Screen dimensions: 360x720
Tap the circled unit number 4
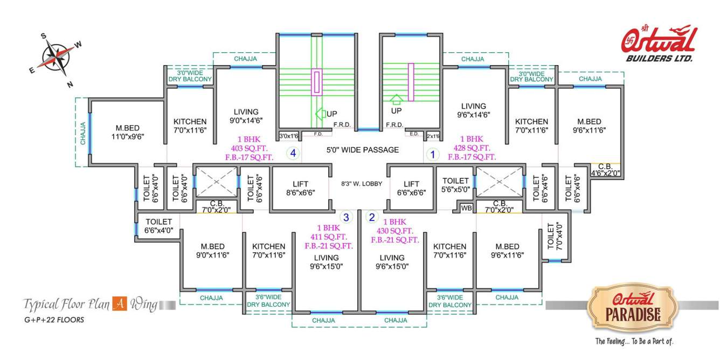click(293, 154)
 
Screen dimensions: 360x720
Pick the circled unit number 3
click(347, 217)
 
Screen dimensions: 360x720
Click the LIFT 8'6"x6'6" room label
click(300, 188)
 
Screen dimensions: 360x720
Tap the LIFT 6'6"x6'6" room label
click(411, 188)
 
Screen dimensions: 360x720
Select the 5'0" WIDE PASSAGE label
click(363, 150)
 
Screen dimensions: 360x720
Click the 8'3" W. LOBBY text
click(362, 184)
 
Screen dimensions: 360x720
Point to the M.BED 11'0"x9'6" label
click(127, 132)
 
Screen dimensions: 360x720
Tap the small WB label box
click(466, 207)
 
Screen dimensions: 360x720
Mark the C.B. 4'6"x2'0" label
click(605, 170)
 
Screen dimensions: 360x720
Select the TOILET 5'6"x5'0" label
click(456, 185)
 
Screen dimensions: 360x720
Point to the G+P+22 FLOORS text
click(53, 320)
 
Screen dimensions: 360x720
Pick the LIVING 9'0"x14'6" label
click(246, 116)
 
